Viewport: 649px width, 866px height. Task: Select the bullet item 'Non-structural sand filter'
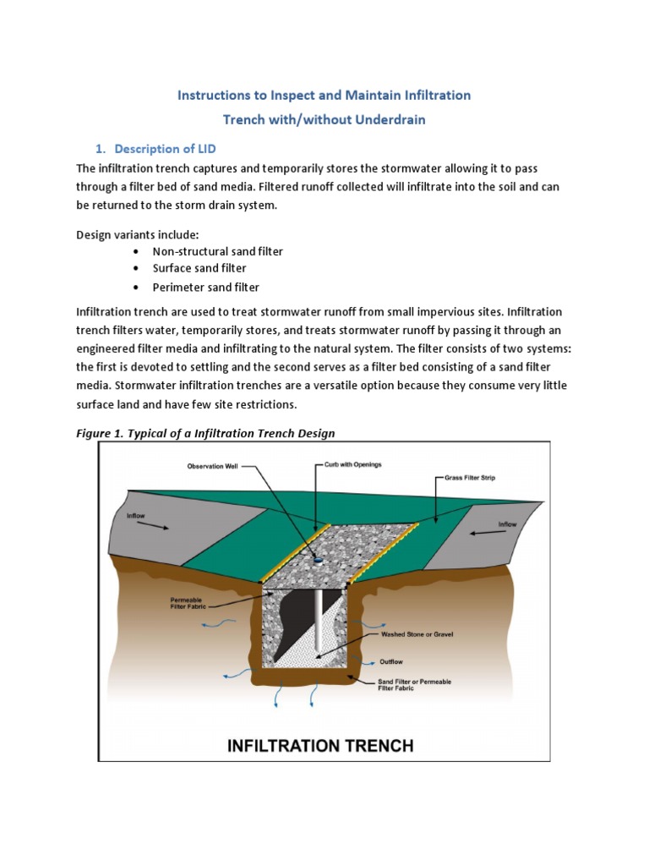tap(217, 251)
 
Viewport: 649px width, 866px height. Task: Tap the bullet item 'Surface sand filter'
tap(199, 269)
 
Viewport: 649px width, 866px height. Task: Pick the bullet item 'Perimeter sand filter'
tap(205, 288)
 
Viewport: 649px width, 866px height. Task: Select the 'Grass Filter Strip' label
tap(471, 478)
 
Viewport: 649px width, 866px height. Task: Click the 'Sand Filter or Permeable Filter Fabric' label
tap(414, 684)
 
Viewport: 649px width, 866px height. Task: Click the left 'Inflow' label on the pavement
tap(138, 514)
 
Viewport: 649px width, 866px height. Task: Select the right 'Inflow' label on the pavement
tap(507, 524)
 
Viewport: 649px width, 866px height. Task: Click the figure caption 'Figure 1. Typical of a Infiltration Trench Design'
tap(205, 433)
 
